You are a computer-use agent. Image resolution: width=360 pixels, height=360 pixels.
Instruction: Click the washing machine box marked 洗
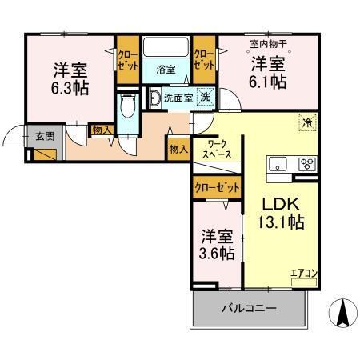(206, 98)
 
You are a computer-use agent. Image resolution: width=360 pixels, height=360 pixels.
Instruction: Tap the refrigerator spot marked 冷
(307, 122)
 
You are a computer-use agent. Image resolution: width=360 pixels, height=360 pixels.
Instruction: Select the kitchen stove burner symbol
(307, 164)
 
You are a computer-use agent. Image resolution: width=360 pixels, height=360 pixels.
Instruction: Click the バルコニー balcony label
(249, 308)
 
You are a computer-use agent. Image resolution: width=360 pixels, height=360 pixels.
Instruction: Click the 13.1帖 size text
(280, 222)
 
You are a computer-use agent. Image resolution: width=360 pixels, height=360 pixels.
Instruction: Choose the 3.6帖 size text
(218, 253)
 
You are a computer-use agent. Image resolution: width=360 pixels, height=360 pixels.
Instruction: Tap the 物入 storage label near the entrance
(101, 130)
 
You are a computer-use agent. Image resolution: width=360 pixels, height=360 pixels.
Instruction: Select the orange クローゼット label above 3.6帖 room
(217, 187)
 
